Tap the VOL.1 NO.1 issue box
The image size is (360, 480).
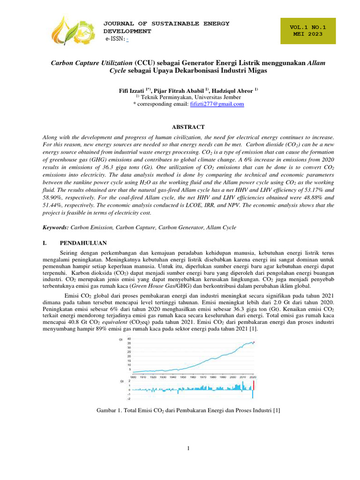[307, 30]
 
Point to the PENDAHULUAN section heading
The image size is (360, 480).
[83, 243]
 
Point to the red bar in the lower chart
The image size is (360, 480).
[253, 385]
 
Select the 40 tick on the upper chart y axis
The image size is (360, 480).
[129, 339]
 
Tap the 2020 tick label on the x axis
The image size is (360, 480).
[253, 376]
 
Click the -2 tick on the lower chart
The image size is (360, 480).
[129, 399]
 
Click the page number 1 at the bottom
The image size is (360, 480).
[188, 449]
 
